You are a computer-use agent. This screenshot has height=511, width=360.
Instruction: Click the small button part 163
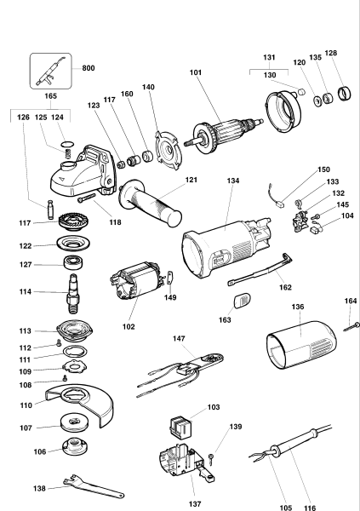[x=242, y=299]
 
